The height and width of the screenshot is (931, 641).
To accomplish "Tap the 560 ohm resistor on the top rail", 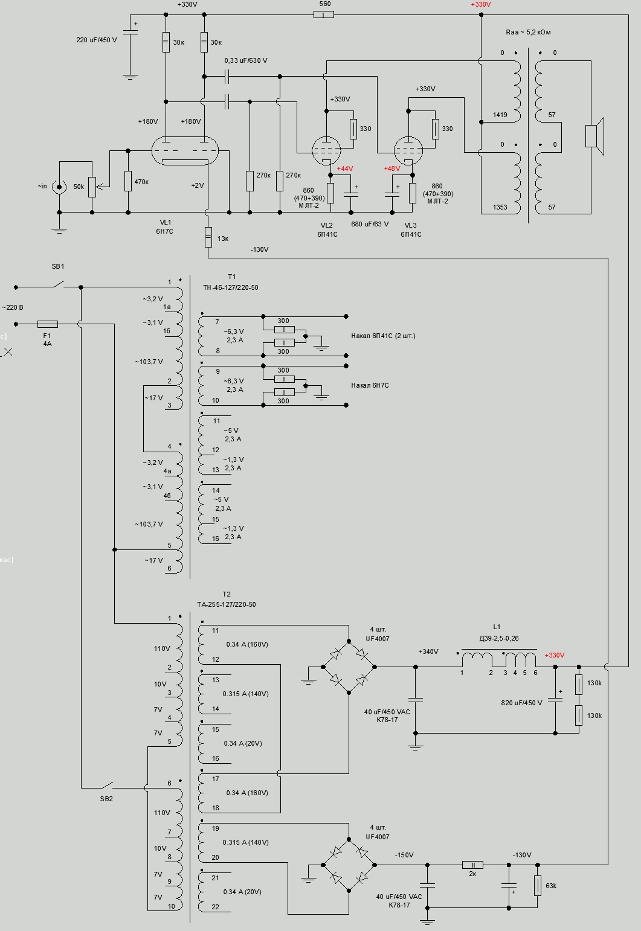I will (x=324, y=14).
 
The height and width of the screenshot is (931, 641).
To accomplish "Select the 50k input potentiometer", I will (x=92, y=187).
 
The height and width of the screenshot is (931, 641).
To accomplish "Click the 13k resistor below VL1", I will (x=208, y=238).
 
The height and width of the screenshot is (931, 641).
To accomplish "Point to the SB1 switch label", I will (x=58, y=266).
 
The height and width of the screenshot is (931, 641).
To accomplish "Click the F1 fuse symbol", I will (x=48, y=324).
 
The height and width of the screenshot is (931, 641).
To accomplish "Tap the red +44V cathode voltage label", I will (x=345, y=169).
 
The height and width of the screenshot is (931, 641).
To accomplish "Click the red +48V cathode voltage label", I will (x=392, y=169).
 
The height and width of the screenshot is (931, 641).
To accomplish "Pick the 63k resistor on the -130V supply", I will (x=538, y=886).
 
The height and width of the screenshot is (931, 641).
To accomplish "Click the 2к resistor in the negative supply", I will (x=473, y=865).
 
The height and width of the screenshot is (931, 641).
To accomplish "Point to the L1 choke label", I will (x=497, y=627).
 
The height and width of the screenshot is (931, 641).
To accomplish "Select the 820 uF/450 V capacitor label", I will (x=522, y=703).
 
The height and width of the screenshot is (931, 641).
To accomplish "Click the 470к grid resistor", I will (x=128, y=181).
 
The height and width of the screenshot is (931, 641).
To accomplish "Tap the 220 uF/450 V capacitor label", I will (x=97, y=40).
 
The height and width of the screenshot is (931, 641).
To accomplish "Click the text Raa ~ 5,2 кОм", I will (x=528, y=32).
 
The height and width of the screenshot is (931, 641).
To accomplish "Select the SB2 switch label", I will (x=106, y=799).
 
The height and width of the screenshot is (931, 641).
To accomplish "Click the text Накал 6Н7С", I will (x=370, y=385).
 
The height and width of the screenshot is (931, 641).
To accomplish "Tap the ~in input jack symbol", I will (x=59, y=187).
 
